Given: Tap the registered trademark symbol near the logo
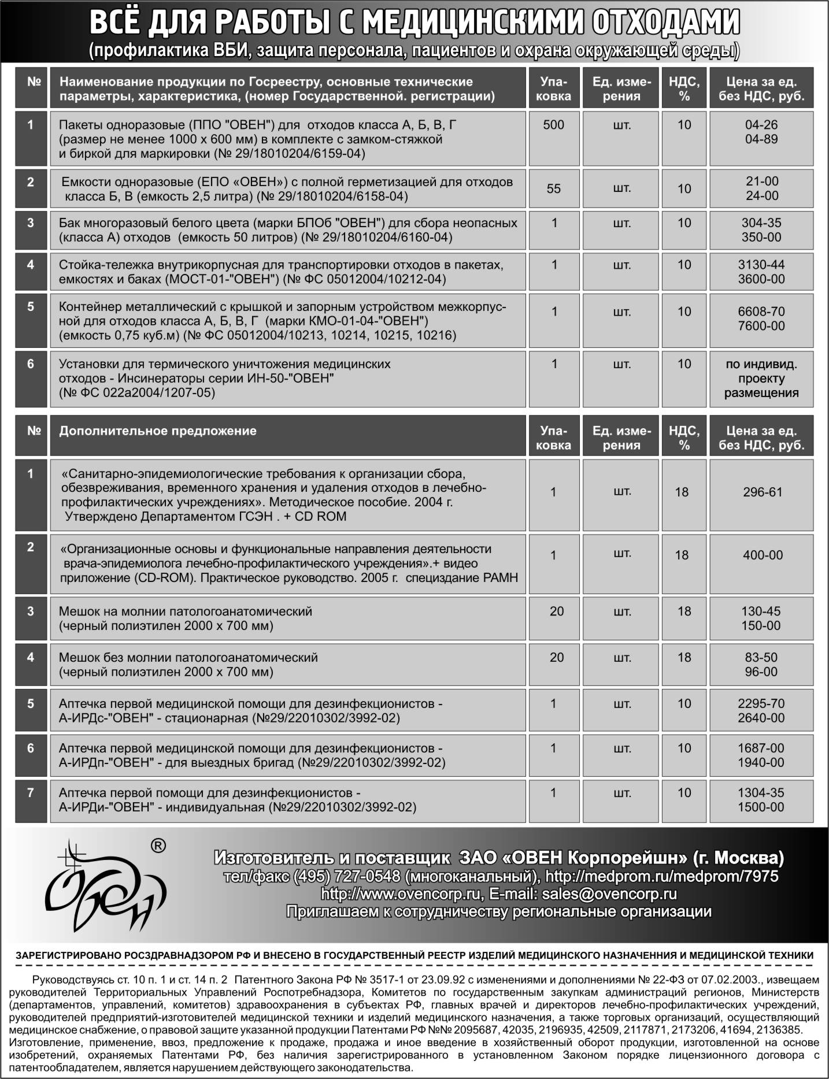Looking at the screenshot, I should (158, 846).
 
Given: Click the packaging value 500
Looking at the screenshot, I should (553, 125).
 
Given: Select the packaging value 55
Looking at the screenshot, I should (553, 188).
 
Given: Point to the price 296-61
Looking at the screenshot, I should (762, 492).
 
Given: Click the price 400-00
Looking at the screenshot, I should (762, 555).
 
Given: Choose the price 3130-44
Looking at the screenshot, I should (761, 265).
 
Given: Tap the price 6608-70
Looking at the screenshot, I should (761, 312).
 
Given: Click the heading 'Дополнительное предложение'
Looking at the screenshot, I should (158, 431).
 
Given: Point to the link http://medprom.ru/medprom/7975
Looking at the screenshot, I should (662, 876).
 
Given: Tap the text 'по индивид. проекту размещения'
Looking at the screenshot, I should (761, 379).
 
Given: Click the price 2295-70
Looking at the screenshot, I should (761, 703).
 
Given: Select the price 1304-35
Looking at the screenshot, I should (761, 792).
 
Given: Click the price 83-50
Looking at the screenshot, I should (761, 657).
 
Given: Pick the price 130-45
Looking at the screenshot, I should (761, 611).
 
